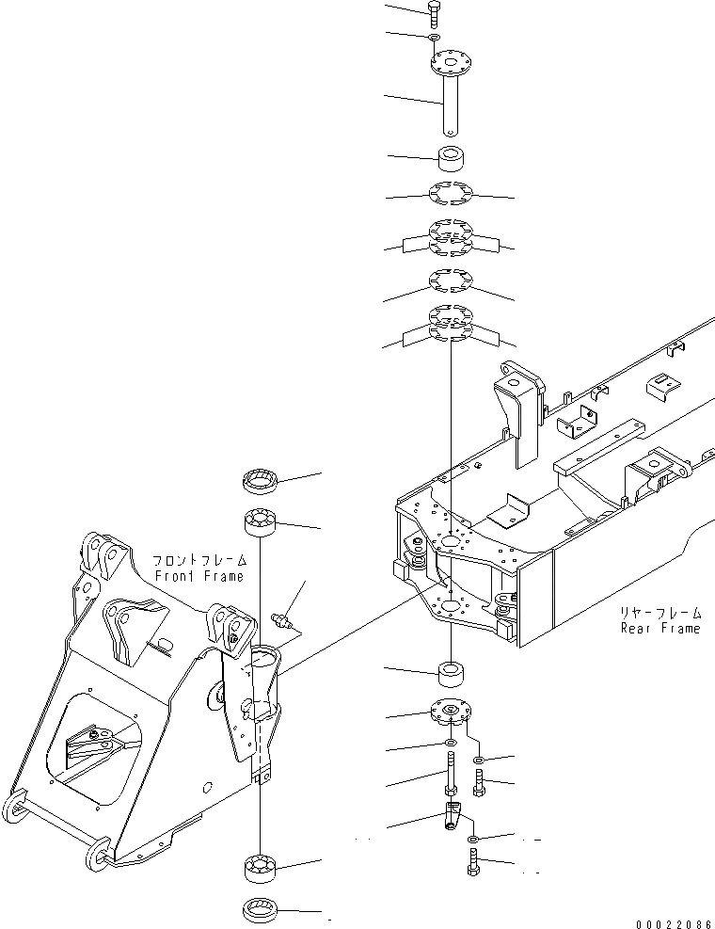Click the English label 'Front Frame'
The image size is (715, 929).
[x=198, y=576]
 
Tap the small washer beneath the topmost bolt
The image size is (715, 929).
[x=432, y=37]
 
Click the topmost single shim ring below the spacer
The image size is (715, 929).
[x=450, y=195]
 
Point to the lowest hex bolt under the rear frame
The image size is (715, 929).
[x=473, y=862]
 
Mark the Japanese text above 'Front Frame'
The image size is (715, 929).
[x=198, y=559]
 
